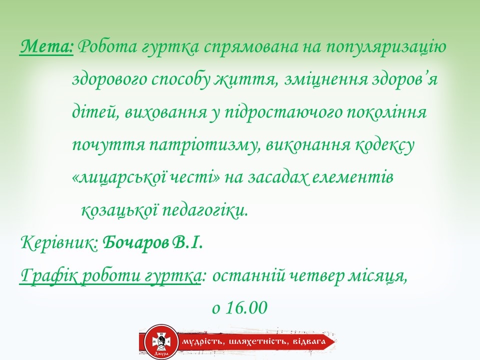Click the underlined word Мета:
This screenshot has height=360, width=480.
point(47,48)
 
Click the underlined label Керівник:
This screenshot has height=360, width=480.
point(59,243)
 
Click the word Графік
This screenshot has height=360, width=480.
point(44,275)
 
